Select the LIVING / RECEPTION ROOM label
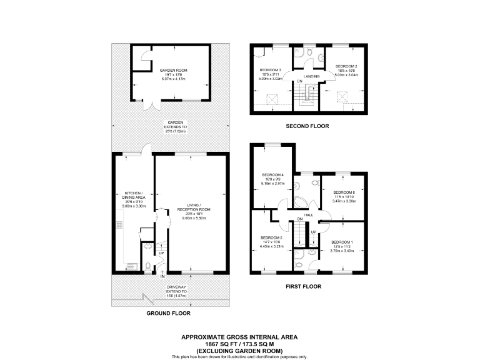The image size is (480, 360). coord(194,210)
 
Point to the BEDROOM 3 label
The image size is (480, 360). coord(271,70)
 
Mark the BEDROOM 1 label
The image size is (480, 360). coord(342,242)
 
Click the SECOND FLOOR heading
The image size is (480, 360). coord(307,126)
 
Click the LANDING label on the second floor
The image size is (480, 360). coord(312,76)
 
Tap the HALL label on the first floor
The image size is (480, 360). coord(308,215)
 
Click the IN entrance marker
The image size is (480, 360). coord(162,276)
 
